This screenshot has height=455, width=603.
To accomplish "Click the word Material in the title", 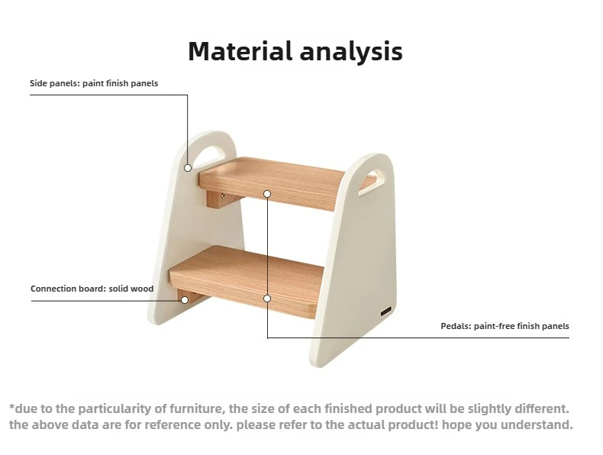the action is (x=240, y=51).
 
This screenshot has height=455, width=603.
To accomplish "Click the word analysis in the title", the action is (x=351, y=52).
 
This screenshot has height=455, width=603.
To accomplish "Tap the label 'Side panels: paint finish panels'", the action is (x=94, y=83).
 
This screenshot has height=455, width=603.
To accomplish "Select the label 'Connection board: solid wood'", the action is (x=92, y=289).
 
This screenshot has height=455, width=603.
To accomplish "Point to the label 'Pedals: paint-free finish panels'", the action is (x=505, y=326).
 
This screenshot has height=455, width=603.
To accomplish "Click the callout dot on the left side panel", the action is (x=188, y=168).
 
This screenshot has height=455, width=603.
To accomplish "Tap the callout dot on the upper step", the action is (x=267, y=193).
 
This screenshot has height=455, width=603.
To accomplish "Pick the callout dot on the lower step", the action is (x=267, y=298).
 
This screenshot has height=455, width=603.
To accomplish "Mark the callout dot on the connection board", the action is (x=185, y=300).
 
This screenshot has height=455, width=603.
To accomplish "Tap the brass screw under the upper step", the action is (x=223, y=196).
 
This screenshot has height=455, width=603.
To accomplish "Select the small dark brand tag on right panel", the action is (x=386, y=312).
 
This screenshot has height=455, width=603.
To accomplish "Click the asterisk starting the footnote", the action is (x=11, y=406).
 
